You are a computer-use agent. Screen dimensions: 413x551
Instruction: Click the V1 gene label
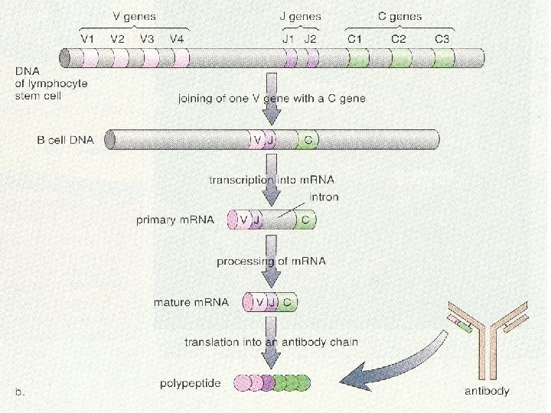tap(90, 38)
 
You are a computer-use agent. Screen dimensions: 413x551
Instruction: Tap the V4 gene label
tap(177, 38)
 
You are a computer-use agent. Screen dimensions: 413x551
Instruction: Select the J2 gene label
tap(310, 38)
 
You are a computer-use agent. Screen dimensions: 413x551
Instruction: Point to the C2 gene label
tap(399, 38)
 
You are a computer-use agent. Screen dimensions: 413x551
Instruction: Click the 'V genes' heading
tap(129, 15)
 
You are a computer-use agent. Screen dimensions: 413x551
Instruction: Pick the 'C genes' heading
tap(399, 15)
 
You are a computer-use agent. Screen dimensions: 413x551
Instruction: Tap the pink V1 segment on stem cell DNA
tap(90, 58)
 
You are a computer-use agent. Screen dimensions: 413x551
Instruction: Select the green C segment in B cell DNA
tap(308, 140)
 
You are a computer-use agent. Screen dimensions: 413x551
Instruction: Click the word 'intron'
tap(325, 197)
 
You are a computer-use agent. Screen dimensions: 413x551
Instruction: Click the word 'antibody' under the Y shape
tap(487, 391)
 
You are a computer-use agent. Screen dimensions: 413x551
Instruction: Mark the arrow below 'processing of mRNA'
tap(270, 278)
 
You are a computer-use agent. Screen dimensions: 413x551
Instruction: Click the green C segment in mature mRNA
tap(288, 302)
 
